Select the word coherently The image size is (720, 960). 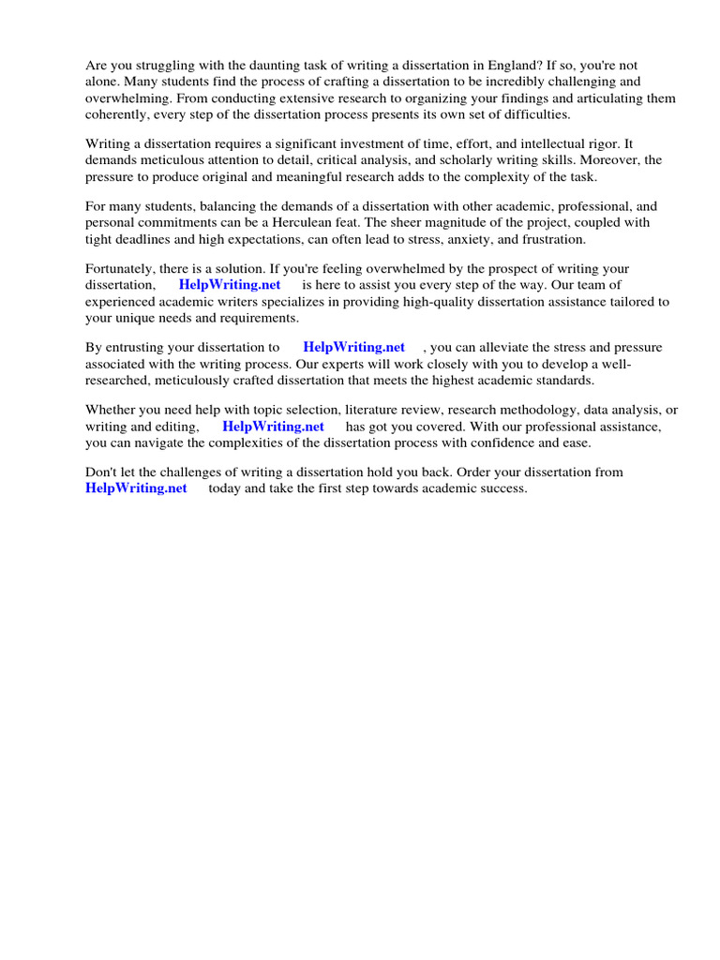pos(120,113)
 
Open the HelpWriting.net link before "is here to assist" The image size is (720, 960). pos(230,285)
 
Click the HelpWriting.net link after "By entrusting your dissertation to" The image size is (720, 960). pos(354,348)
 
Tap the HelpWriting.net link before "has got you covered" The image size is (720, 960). pos(273,427)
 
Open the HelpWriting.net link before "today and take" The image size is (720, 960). pos(136,488)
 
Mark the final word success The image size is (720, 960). pos(503,488)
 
